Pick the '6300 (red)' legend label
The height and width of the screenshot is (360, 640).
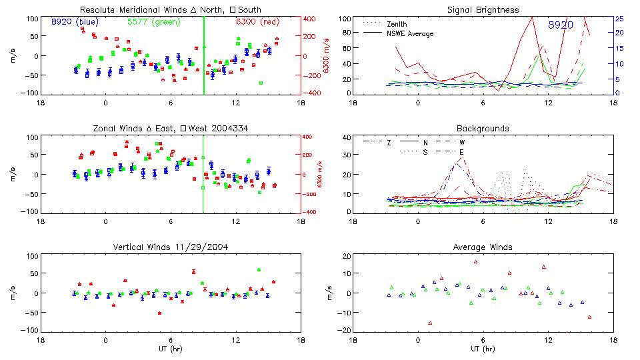(x=257, y=21)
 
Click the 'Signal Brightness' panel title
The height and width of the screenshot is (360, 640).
(x=483, y=10)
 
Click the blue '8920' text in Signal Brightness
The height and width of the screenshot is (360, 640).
(x=561, y=25)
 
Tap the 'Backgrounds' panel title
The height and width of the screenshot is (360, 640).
(x=483, y=128)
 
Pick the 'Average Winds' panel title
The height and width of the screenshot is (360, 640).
(x=483, y=247)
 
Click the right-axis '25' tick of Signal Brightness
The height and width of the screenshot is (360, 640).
(x=619, y=19)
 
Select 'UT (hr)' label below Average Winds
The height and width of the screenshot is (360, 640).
(x=483, y=348)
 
